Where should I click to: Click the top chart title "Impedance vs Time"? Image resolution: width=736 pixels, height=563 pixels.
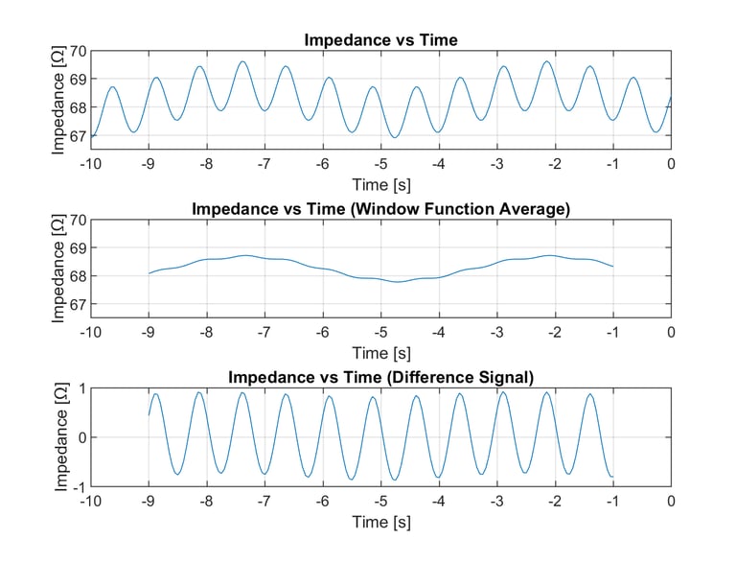[x=380, y=40]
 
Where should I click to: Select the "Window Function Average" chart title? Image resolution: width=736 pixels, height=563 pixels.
[x=380, y=209]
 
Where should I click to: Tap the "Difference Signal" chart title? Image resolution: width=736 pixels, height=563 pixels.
[x=380, y=377]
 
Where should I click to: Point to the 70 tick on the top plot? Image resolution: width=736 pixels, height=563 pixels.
[x=78, y=51]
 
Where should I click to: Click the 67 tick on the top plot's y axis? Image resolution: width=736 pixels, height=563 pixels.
[x=78, y=136]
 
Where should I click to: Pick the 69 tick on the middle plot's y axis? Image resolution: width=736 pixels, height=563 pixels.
[x=78, y=247]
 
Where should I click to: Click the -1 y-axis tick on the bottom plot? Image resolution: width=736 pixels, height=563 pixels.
[x=78, y=485]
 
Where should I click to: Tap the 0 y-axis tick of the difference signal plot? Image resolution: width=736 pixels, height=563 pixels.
[x=81, y=437]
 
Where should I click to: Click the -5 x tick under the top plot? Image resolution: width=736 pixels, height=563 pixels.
[x=380, y=164]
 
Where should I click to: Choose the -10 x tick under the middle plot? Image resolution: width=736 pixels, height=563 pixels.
[x=90, y=332]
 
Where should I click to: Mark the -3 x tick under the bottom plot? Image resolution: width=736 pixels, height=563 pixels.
[x=496, y=501]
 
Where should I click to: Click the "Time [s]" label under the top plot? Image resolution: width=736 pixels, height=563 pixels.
[x=380, y=183]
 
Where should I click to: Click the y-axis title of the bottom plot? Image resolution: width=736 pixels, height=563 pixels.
[x=59, y=436]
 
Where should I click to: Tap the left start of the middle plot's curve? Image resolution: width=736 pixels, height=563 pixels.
[x=149, y=273]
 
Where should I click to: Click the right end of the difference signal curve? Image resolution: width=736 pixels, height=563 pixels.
[x=613, y=477]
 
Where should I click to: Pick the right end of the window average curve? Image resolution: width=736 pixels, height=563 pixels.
[x=613, y=267]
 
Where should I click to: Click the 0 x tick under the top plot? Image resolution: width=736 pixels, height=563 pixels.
[x=671, y=164]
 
